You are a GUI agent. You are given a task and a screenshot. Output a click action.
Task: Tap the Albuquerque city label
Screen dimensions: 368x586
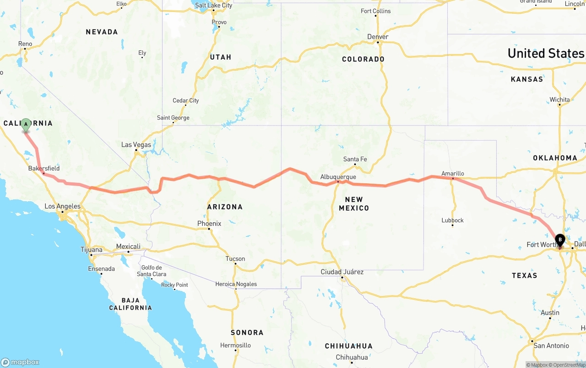pyautogui.click(x=338, y=177)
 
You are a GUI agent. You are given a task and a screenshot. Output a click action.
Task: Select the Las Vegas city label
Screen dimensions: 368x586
pyautogui.click(x=136, y=145)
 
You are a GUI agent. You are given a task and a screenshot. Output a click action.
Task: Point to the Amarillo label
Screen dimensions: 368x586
pyautogui.click(x=452, y=173)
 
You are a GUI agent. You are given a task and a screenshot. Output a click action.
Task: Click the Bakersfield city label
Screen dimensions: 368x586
pyautogui.click(x=44, y=168)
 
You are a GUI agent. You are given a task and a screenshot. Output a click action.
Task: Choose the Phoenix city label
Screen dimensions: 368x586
pyautogui.click(x=209, y=224)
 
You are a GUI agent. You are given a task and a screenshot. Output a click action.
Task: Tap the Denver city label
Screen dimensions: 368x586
pyautogui.click(x=378, y=37)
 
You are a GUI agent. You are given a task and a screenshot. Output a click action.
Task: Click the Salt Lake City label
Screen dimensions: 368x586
pyautogui.click(x=213, y=5)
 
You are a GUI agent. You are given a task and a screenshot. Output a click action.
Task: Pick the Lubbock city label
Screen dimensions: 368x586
pyautogui.click(x=452, y=220)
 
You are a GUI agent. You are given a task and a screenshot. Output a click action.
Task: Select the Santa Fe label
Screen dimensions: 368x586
pyautogui.click(x=355, y=159)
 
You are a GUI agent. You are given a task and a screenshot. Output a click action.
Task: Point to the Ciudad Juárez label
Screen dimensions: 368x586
pyautogui.click(x=342, y=272)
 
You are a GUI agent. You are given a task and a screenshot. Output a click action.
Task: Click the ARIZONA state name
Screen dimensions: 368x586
pyautogui.click(x=225, y=207)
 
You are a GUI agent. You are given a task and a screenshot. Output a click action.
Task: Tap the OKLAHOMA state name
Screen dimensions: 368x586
pyautogui.click(x=555, y=158)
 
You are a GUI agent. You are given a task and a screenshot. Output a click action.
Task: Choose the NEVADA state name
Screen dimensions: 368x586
pyautogui.click(x=102, y=32)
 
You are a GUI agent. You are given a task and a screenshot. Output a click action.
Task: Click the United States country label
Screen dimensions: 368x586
pyautogui.click(x=546, y=53)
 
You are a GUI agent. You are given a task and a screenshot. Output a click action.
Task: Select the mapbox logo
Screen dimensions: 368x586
pyautogui.click(x=20, y=362)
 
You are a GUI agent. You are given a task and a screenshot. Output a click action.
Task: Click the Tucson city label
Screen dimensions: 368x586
pyautogui.click(x=235, y=259)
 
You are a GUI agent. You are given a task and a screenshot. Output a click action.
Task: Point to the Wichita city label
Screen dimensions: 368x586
pyautogui.click(x=559, y=99)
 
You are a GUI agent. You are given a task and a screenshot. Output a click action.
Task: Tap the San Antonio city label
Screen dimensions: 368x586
pyautogui.click(x=551, y=346)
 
